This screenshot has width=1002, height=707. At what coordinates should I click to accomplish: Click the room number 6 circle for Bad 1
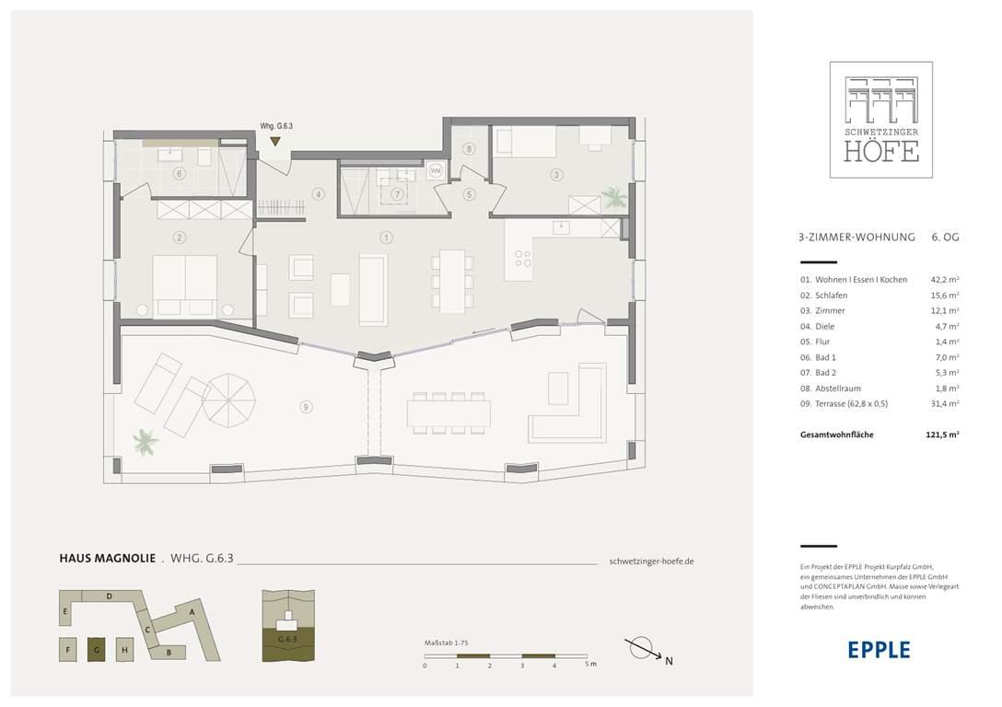click(x=180, y=174)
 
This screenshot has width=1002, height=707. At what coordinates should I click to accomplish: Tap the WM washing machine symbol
click(x=436, y=170)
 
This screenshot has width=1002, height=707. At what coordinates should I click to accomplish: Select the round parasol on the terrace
click(x=228, y=400)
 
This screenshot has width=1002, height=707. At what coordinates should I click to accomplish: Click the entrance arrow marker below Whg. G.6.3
click(x=274, y=141)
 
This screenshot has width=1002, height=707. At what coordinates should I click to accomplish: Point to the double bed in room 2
click(x=185, y=285)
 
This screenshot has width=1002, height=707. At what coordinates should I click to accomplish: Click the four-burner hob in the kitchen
click(x=523, y=258)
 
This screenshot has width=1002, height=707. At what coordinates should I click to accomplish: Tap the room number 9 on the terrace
click(x=306, y=407)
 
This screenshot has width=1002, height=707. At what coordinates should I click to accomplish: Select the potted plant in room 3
click(x=615, y=198)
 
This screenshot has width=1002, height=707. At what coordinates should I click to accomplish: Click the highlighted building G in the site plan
click(x=97, y=650)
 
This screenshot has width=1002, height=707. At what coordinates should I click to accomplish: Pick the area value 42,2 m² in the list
click(x=945, y=280)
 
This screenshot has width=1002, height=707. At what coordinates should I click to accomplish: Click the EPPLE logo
click(x=879, y=650)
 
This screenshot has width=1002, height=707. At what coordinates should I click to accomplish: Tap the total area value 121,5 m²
click(x=942, y=435)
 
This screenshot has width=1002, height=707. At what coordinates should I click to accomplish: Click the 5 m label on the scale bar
click(x=590, y=665)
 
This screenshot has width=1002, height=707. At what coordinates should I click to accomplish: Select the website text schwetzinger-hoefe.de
click(x=651, y=562)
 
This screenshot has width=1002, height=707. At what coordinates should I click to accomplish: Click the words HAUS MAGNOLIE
click(x=108, y=558)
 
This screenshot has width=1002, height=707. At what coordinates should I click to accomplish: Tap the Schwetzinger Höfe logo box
click(x=881, y=120)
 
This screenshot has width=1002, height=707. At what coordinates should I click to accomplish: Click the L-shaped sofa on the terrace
click(x=567, y=402)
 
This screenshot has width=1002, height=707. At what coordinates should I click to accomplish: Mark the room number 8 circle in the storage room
click(x=469, y=149)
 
